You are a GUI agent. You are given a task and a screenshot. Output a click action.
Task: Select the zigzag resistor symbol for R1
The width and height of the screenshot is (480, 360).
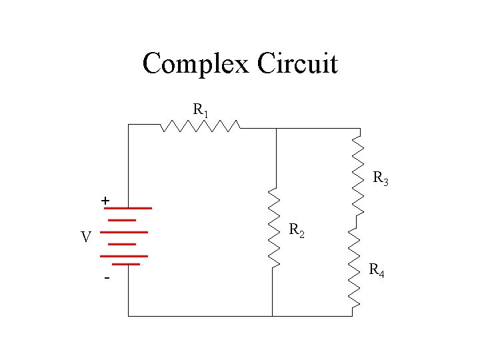(200, 125)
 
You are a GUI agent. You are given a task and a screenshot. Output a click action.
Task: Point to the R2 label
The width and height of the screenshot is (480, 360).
(297, 231)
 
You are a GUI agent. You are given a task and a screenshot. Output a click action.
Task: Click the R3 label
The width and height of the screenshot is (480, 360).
(381, 179)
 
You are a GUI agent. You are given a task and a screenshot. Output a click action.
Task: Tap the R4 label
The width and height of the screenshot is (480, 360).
(376, 271)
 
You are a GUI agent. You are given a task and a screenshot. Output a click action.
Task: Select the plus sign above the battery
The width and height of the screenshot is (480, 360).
(105, 200)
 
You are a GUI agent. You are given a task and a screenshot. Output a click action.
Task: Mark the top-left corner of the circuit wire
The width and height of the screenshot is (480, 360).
(128, 125)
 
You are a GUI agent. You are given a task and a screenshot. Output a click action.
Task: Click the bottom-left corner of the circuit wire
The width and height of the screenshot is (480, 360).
(128, 315)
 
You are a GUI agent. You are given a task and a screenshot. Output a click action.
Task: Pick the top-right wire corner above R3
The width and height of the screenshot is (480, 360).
(360, 129)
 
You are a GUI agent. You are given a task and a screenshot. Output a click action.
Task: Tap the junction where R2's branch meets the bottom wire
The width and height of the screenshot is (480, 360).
(273, 315)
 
